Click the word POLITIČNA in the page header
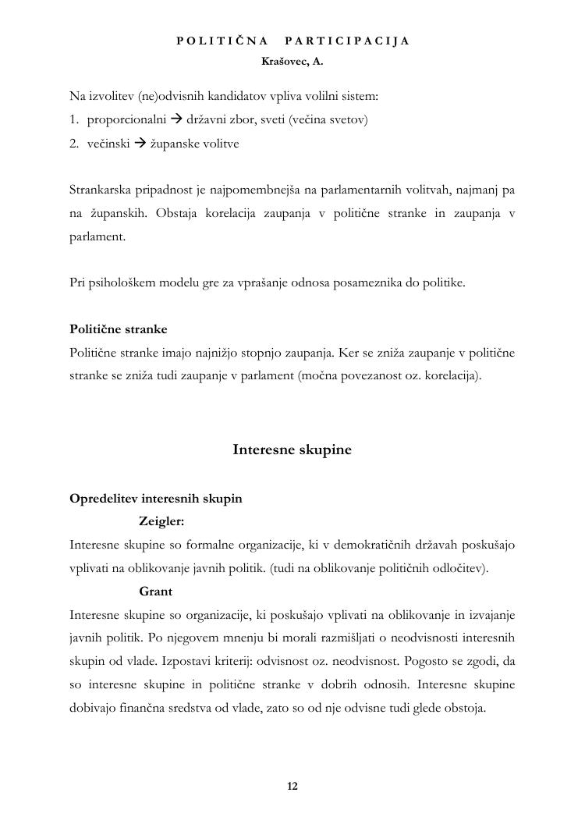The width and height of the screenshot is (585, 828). point(222,41)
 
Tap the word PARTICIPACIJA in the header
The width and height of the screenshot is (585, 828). point(347,41)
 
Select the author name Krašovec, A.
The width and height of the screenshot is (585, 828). point(292,60)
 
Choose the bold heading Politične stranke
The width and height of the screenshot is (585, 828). point(119,329)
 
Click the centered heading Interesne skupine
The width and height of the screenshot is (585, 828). point(292,450)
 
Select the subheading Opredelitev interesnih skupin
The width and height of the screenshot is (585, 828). point(156,498)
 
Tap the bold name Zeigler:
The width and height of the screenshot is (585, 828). point(161,521)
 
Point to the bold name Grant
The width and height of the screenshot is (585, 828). point(155,592)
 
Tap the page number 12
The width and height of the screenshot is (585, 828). point(292,786)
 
